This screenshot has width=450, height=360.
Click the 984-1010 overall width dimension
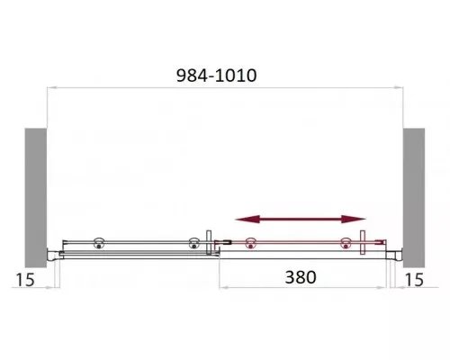click(x=216, y=76)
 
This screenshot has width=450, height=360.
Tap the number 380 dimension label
click(x=301, y=277)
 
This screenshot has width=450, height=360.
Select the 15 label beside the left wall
click(x=25, y=280)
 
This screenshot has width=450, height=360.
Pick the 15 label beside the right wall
click(x=414, y=280)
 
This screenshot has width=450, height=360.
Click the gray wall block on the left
click(x=36, y=198)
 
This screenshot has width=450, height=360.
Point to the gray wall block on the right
click(x=414, y=198)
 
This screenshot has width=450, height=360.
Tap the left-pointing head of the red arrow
click(x=247, y=220)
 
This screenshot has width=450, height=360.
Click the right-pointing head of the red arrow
click(x=354, y=220)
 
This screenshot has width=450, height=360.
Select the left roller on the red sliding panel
click(x=250, y=243)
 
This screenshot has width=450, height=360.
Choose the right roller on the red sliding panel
click(x=346, y=243)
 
